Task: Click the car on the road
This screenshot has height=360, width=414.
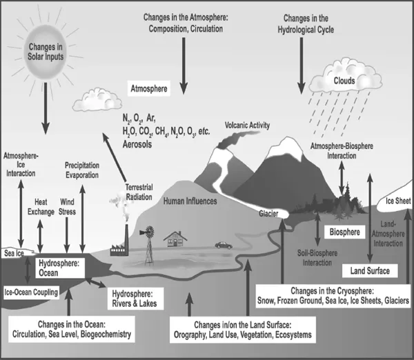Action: [x=223, y=244]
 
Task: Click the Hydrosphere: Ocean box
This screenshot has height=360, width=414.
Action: [x=59, y=268]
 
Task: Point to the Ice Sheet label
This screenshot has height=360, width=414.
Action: [x=398, y=202]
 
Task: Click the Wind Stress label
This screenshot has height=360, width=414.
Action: [x=67, y=207]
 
